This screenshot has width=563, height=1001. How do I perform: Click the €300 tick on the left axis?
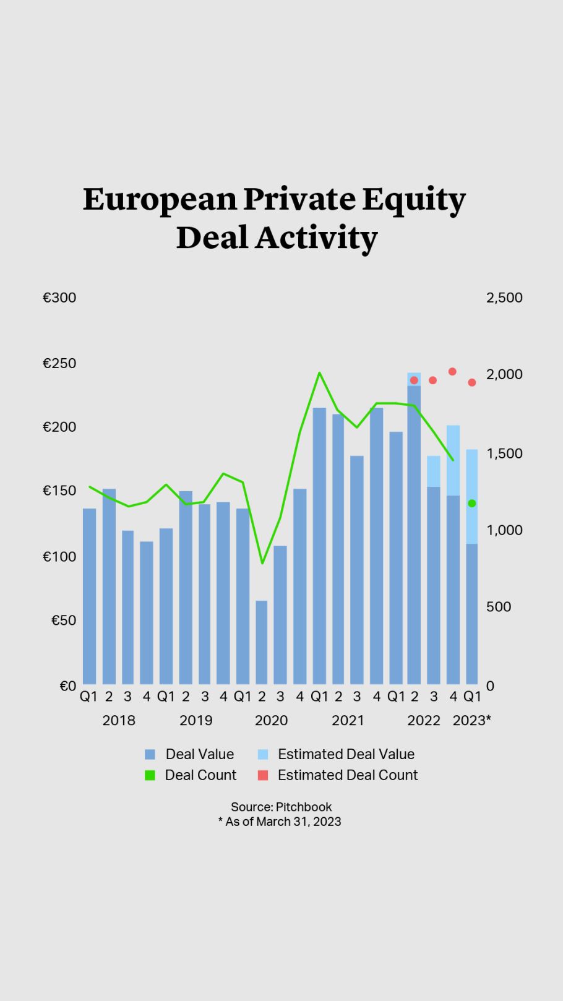pyautogui.click(x=59, y=298)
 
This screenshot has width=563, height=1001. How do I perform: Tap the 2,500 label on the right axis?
pyautogui.click(x=504, y=298)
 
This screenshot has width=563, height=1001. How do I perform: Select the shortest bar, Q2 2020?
pyautogui.click(x=262, y=642)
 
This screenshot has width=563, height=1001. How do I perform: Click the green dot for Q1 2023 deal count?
pyautogui.click(x=472, y=504)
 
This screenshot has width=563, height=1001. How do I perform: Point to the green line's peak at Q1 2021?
pyautogui.click(x=319, y=373)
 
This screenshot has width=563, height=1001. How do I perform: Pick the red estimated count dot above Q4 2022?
pyautogui.click(x=452, y=372)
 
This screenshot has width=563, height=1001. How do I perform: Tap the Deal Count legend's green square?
pyautogui.click(x=150, y=775)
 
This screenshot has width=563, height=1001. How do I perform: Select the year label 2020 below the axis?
pyautogui.click(x=271, y=720)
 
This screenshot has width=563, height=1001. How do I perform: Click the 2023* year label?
pyautogui.click(x=471, y=720)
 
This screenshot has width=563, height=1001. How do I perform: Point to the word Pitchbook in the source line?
pyautogui.click(x=304, y=807)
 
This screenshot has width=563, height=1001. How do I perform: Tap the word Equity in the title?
pyautogui.click(x=413, y=199)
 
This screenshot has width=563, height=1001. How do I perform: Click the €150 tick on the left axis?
pyautogui.click(x=59, y=491)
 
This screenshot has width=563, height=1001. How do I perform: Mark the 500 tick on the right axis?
pyautogui.click(x=498, y=607)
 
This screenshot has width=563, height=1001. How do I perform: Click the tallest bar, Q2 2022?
pyautogui.click(x=414, y=535)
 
